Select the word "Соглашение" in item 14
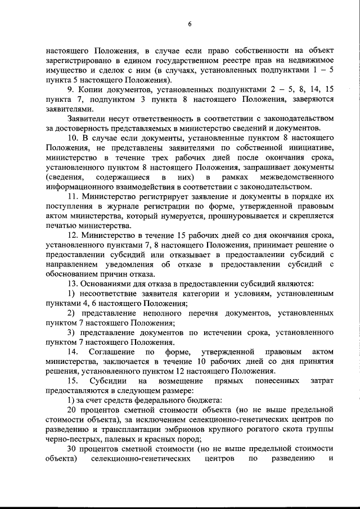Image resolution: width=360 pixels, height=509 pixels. pyautogui.click(x=113, y=353)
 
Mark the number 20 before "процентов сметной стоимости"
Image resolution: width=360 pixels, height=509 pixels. pyautogui.click(x=71, y=412)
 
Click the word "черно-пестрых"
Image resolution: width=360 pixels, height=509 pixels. pyautogui.click(x=69, y=441)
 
